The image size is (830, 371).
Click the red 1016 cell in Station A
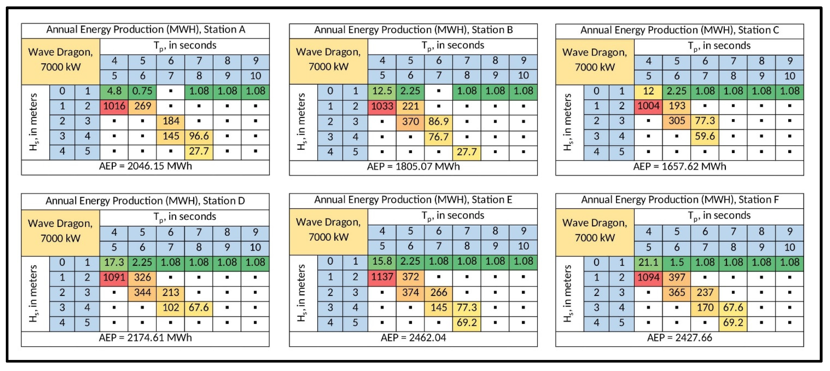114,106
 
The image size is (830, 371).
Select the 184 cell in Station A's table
171,121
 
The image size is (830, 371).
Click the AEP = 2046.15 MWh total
145,166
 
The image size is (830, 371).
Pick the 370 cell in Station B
410,122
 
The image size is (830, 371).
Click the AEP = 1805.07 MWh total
413,167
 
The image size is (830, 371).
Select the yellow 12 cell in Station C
648,91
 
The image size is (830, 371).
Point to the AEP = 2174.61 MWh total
145,338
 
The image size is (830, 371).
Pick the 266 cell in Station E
439,292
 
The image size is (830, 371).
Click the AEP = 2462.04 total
413,338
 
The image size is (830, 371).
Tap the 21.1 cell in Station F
648,262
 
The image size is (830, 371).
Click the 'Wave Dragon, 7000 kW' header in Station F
595,230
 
